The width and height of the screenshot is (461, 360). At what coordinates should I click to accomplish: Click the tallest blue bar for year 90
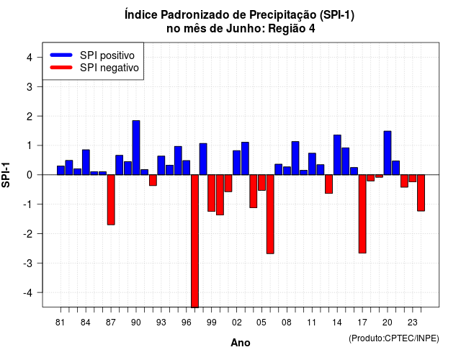[x=136, y=148]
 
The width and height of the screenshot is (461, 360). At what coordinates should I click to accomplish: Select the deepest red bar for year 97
[x=194, y=241]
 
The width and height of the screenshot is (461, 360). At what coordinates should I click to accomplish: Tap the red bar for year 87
[x=111, y=200]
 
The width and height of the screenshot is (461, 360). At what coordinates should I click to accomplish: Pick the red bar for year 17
[x=362, y=214]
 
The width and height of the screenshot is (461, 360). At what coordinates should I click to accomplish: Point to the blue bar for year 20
[x=388, y=153]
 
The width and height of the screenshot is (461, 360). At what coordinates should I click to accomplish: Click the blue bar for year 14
[x=337, y=155]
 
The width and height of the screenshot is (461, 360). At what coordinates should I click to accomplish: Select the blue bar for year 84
[x=86, y=162]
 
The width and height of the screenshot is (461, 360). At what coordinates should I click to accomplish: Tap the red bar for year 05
[x=261, y=182]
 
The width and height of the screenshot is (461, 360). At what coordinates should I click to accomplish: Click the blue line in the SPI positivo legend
[x=61, y=55]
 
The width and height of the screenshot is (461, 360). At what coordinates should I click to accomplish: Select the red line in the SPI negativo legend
[x=61, y=67]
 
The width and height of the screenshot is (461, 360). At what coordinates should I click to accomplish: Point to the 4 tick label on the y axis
[x=30, y=58]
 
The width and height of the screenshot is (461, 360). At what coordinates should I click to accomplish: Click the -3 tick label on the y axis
[x=27, y=263]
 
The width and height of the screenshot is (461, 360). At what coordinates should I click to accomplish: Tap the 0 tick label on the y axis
[x=30, y=175]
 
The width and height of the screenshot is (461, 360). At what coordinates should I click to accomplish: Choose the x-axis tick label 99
[x=211, y=323]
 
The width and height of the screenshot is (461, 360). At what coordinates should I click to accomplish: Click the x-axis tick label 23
[x=413, y=323]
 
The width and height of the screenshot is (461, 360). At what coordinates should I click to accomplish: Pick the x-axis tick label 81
[x=60, y=323]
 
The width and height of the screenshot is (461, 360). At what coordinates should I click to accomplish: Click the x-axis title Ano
[x=241, y=343]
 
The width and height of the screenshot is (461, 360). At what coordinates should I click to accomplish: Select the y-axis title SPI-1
[x=6, y=175]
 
